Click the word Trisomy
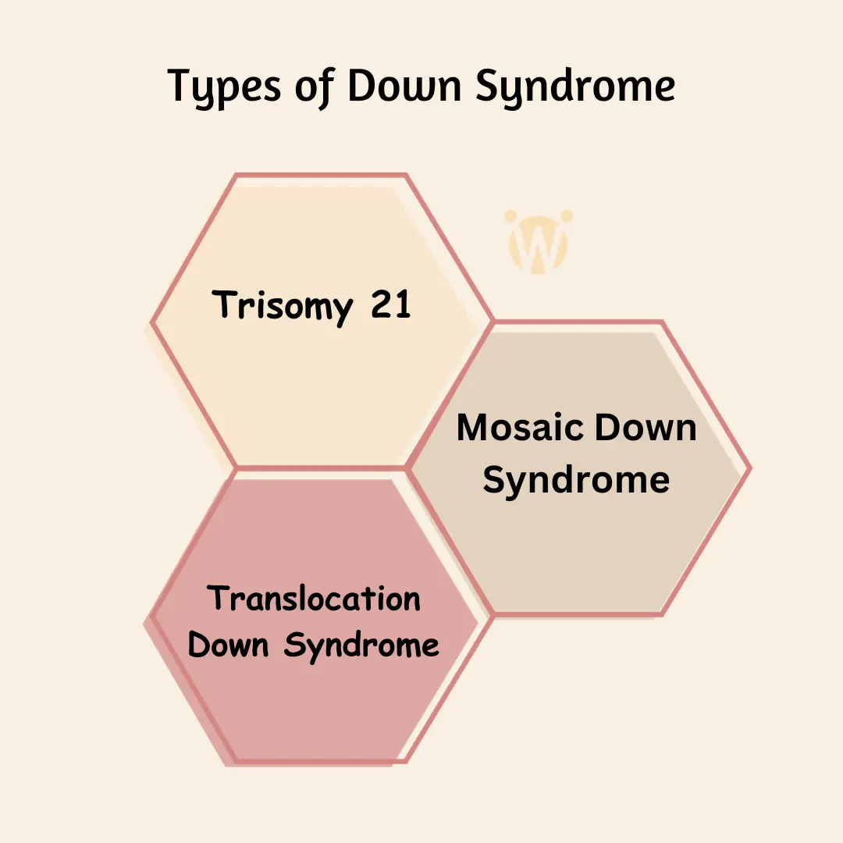click(282, 304)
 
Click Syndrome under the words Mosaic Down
click(576, 479)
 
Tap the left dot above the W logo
click(511, 215)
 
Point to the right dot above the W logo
click(566, 215)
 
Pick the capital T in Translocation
click(219, 599)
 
